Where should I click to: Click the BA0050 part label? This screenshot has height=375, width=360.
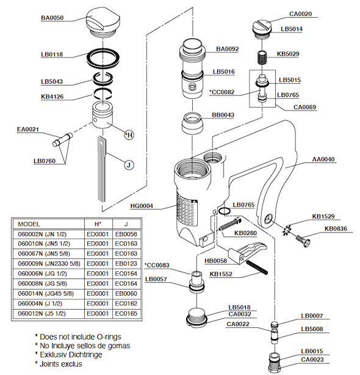click(x=52, y=18)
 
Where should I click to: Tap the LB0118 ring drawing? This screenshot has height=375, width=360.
click(x=103, y=59)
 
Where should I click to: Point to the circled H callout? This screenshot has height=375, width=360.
click(x=129, y=135)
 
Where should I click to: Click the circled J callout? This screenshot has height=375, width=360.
click(x=129, y=165)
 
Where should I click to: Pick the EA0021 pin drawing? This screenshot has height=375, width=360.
click(x=62, y=139)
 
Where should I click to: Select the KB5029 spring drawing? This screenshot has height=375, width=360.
click(x=262, y=57)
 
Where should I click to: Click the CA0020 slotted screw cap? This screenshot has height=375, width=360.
click(x=262, y=30)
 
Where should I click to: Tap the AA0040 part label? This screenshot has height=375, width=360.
click(x=323, y=159)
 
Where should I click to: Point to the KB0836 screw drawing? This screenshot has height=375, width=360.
click(x=303, y=241)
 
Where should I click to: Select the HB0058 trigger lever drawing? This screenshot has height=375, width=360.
click(x=247, y=253)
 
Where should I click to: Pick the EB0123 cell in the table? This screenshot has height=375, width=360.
click(x=126, y=264)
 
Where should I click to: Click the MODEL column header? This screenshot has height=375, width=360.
click(x=29, y=224)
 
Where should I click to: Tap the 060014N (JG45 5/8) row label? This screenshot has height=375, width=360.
click(x=46, y=293)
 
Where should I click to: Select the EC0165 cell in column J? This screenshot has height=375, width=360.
click(x=126, y=313)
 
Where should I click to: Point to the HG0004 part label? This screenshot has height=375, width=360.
click(x=142, y=206)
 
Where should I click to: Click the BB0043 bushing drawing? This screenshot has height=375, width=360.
click(x=193, y=123)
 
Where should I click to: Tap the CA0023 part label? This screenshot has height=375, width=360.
click(x=312, y=360)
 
